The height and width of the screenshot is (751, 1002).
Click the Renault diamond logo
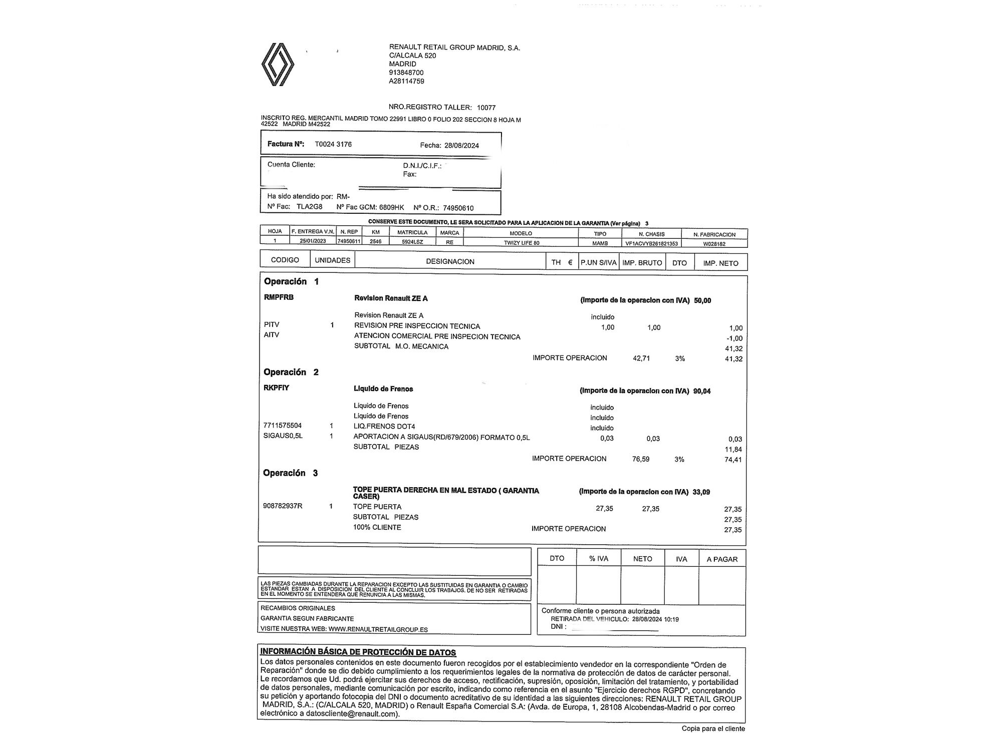coord(278,65)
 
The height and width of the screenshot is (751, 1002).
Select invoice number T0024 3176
coord(333,144)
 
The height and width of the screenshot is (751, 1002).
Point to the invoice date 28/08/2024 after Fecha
coord(461,146)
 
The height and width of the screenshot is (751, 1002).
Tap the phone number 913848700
coord(406,73)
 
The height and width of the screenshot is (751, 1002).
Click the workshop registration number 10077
coord(486,107)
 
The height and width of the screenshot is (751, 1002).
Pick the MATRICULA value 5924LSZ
coord(412,242)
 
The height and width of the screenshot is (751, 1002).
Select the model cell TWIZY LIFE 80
coord(521,243)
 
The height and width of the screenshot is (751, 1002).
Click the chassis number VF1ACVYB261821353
coord(651,244)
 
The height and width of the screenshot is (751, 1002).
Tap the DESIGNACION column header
coord(450,261)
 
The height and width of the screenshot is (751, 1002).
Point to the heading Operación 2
coord(291,372)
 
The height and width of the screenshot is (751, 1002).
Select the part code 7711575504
coord(283,426)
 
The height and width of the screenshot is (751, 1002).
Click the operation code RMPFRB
coord(279,297)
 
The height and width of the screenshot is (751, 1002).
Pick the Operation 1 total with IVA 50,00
coord(702,300)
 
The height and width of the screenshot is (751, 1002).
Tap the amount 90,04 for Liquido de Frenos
coord(702,391)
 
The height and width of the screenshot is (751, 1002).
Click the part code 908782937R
coord(283,506)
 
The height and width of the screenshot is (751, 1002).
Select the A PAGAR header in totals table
coord(722,559)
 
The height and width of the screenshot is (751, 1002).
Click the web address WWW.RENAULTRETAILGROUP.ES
coord(378,629)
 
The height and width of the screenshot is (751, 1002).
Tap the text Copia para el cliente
coord(713,728)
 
